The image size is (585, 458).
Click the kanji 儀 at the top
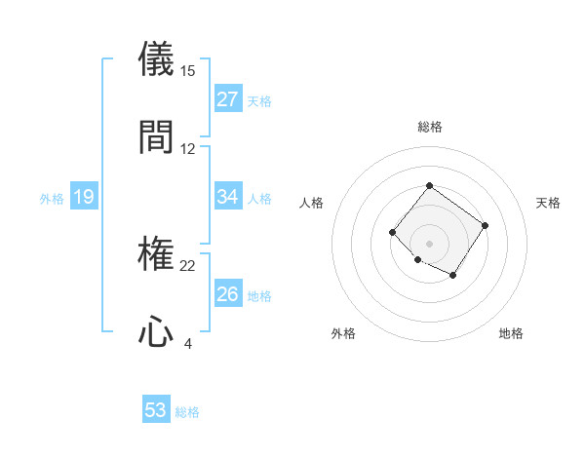pyautogui.click(x=156, y=59)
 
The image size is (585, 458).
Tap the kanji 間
pyautogui.click(x=156, y=136)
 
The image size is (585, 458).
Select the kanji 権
pyautogui.click(x=156, y=254)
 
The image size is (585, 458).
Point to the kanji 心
pyautogui.click(x=156, y=331)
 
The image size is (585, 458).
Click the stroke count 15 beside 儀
pyautogui.click(x=188, y=71)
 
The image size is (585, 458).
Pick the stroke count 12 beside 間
pyautogui.click(x=188, y=149)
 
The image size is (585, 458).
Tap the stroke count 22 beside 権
pyautogui.click(x=188, y=266)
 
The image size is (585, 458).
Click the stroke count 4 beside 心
pyautogui.click(x=188, y=344)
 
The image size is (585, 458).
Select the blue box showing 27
pyautogui.click(x=228, y=99)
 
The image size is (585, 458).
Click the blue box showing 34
pyautogui.click(x=228, y=197)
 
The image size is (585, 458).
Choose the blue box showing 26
pyautogui.click(x=228, y=294)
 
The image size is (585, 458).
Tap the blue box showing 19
pyautogui.click(x=83, y=198)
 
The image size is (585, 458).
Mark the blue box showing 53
pyautogui.click(x=156, y=410)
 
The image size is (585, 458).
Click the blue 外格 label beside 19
pyautogui.click(x=52, y=199)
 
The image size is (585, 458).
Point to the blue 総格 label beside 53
pyautogui.click(x=187, y=412)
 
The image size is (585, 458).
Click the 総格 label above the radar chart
pyautogui.click(x=429, y=128)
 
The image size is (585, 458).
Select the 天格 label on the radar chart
pyautogui.click(x=548, y=203)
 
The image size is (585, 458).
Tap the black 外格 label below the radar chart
pyautogui.click(x=343, y=334)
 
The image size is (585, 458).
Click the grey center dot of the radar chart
pyautogui.click(x=429, y=243)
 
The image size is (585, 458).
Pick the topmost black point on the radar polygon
pyautogui.click(x=429, y=185)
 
